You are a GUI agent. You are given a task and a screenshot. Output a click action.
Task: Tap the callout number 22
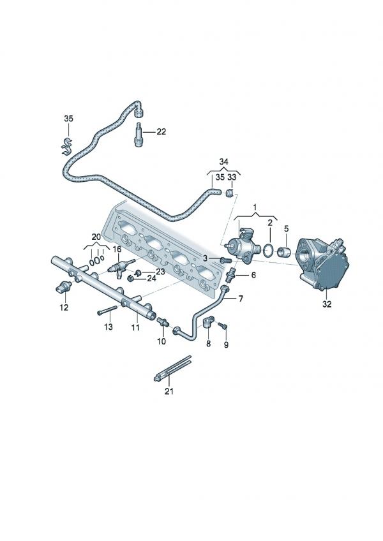pyautogui.click(x=161, y=131)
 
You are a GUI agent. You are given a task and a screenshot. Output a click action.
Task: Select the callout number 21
pyautogui.click(x=169, y=392)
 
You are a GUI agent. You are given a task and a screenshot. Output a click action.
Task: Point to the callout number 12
pyautogui.click(x=64, y=307)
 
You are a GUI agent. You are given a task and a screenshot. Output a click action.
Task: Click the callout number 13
pyautogui.click(x=108, y=327)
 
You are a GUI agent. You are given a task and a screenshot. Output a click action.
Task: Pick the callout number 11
pyautogui.click(x=135, y=327)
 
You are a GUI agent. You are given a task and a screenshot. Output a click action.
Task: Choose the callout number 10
pyautogui.click(x=161, y=341)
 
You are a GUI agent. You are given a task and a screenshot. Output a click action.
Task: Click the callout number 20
pyautogui.click(x=96, y=236)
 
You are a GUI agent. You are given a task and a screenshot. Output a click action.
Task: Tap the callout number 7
pyautogui.click(x=241, y=298)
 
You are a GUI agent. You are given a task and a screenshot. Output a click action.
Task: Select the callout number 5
pyautogui.click(x=286, y=228)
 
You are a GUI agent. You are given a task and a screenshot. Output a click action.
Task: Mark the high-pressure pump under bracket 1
pyautogui.click(x=242, y=246)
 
